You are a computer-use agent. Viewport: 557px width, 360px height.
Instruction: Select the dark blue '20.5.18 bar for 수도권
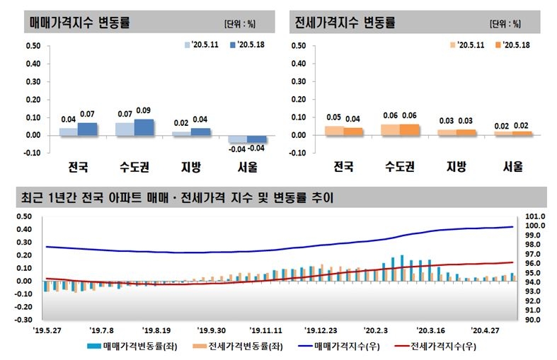(x=144, y=127)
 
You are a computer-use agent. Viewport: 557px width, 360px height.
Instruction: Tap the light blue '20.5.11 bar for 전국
(x=69, y=132)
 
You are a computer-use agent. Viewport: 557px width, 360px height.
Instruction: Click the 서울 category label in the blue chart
(x=248, y=168)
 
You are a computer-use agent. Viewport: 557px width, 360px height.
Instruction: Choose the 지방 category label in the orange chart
(x=456, y=168)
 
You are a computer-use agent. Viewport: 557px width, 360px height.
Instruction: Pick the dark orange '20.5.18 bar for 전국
(x=352, y=132)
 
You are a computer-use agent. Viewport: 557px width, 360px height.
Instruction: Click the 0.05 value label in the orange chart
(x=334, y=117)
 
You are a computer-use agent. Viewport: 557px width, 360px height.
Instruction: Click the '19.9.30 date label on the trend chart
(x=212, y=330)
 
